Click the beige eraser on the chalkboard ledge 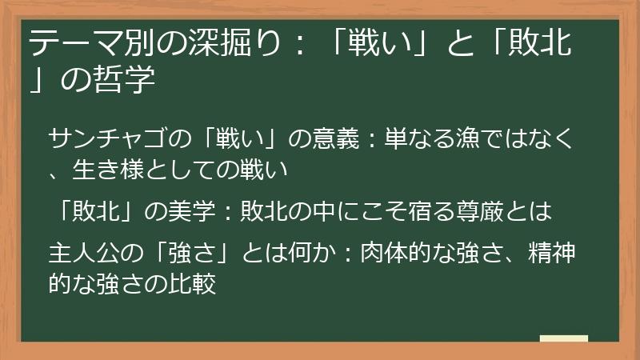click(x=563, y=338)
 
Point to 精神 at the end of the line click(x=558, y=254)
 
